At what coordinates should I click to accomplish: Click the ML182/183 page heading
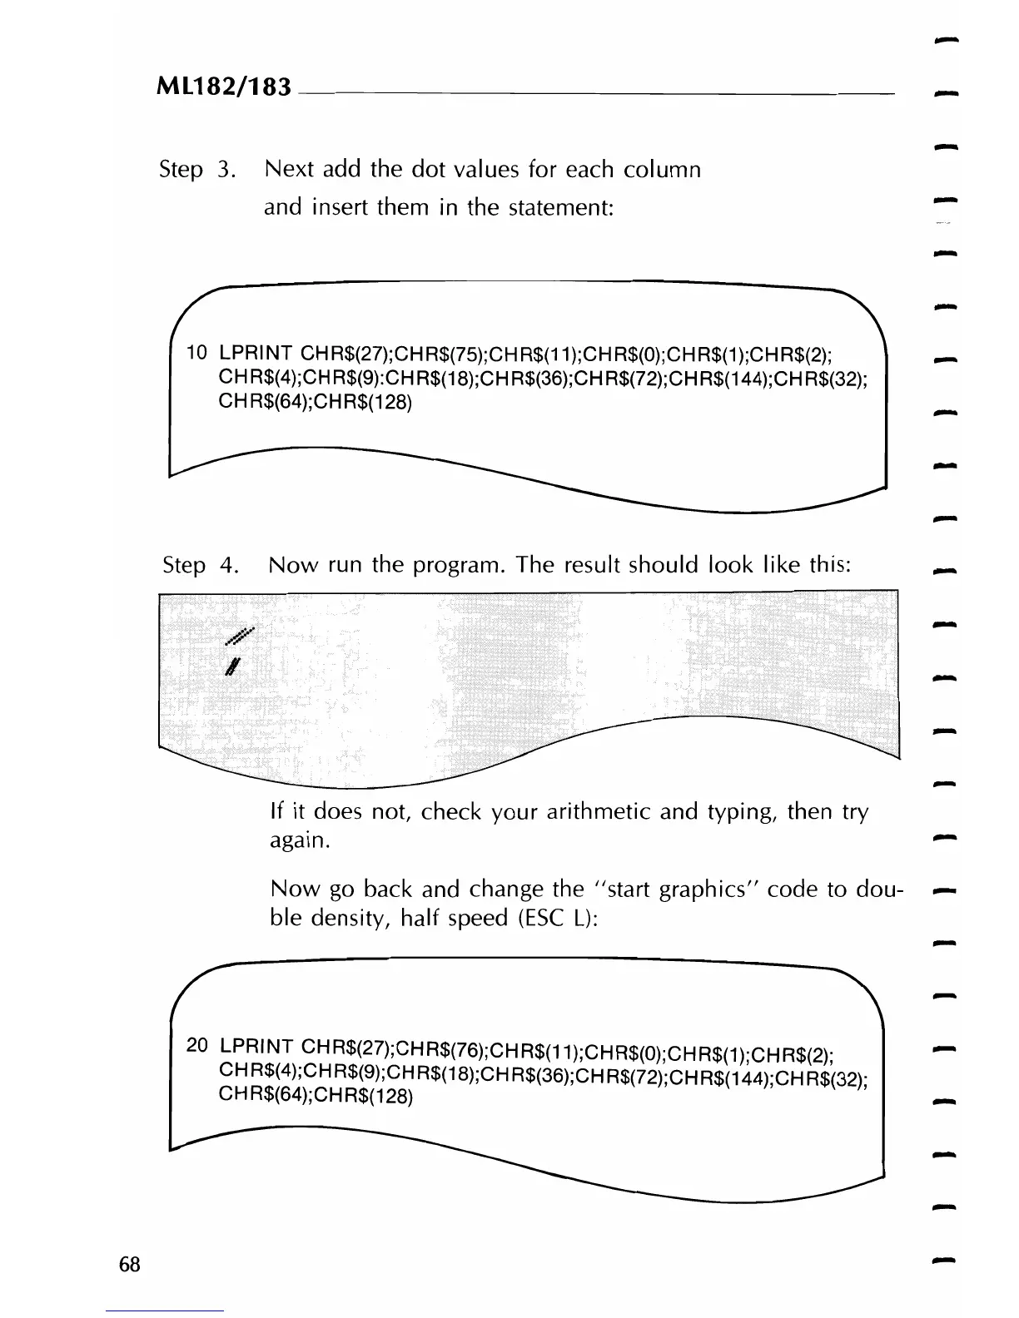pyautogui.click(x=223, y=86)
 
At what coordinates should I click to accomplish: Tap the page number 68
pyautogui.click(x=130, y=1265)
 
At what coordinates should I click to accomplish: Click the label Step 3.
pyautogui.click(x=197, y=170)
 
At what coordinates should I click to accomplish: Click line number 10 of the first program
pyautogui.click(x=197, y=353)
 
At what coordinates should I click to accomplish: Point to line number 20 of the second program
pyautogui.click(x=198, y=1044)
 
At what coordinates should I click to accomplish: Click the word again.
pyautogui.click(x=301, y=841)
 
